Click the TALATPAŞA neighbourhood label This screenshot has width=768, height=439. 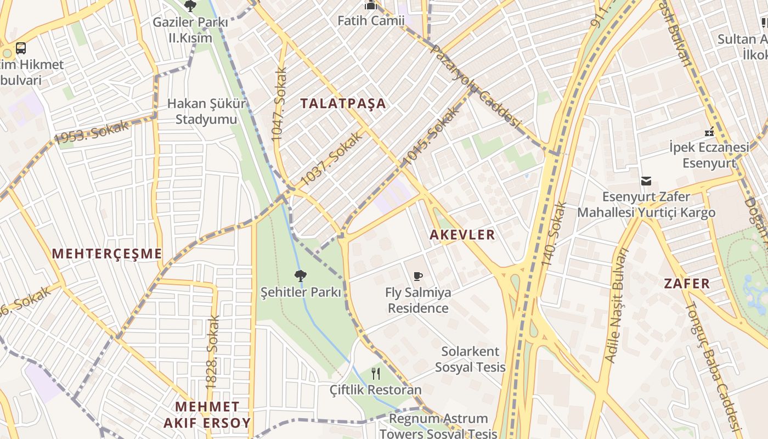(x=343, y=103)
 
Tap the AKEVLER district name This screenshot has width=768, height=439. (x=462, y=235)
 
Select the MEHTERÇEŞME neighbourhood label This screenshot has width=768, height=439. (x=107, y=254)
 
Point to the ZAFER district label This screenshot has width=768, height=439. (x=687, y=284)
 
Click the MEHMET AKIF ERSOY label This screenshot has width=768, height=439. (x=207, y=415)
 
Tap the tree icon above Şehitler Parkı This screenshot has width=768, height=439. (x=300, y=275)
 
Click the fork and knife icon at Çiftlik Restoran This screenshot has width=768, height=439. (x=376, y=374)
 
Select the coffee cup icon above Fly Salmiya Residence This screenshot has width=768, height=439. (x=418, y=276)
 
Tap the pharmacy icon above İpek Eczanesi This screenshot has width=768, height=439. (x=709, y=132)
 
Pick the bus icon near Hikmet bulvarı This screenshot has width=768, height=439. (x=21, y=48)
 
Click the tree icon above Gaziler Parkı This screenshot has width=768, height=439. (x=190, y=7)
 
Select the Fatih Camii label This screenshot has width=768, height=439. (x=371, y=21)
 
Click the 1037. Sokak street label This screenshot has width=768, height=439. (x=331, y=158)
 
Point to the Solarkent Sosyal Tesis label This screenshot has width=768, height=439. (x=470, y=359)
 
